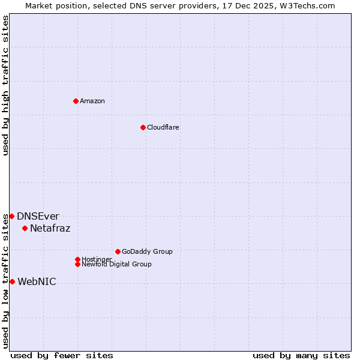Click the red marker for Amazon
click(76, 101)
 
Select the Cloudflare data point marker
click(143, 127)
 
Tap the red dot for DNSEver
click(11, 216)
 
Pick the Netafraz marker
click(25, 228)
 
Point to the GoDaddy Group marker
click(118, 251)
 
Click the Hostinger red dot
click(77, 259)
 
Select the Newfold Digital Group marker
click(77, 264)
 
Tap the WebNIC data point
click(12, 281)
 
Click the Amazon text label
click(92, 101)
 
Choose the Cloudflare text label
click(163, 127)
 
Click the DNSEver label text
click(38, 216)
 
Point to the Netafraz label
click(50, 228)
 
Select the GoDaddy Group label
click(147, 251)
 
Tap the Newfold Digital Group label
click(116, 264)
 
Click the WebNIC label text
click(37, 281)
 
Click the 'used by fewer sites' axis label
click(62, 355)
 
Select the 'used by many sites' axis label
click(301, 355)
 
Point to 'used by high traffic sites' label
click(5, 85)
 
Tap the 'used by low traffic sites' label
click(5, 280)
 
